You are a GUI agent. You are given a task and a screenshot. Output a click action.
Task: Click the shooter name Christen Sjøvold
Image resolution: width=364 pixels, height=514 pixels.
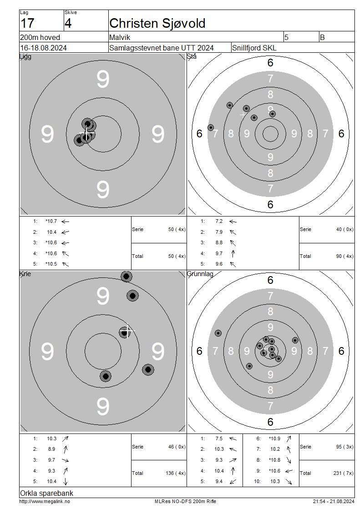point(157,24)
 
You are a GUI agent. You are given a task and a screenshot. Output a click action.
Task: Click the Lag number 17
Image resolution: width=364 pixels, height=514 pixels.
point(27,24)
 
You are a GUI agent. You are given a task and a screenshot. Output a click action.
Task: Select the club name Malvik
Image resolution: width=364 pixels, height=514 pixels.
point(120,37)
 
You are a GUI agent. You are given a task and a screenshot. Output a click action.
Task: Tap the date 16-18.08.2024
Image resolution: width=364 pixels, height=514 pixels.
point(43,48)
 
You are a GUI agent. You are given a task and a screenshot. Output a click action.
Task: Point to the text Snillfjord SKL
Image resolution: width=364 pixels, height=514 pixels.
point(254,48)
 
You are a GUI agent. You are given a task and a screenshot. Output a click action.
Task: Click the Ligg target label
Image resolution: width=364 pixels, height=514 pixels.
point(25,56)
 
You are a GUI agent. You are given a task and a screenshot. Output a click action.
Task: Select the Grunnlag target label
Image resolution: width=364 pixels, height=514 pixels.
point(200,274)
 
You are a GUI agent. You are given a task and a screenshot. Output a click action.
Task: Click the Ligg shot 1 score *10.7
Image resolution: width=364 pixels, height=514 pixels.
point(51,221)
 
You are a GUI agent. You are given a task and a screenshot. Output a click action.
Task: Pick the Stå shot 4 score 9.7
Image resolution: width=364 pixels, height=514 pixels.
point(219,253)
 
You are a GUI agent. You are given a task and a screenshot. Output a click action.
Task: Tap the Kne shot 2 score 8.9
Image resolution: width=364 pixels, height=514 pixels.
point(51,449)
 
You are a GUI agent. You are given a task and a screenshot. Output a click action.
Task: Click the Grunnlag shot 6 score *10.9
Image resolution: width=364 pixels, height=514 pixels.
point(274,438)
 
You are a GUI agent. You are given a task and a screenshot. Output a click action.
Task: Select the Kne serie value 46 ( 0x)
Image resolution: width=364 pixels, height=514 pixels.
point(177,447)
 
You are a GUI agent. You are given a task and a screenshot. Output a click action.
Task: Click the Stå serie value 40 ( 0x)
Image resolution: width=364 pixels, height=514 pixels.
point(345,229)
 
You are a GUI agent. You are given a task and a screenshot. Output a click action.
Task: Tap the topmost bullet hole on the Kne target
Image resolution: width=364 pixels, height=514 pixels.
point(126,277)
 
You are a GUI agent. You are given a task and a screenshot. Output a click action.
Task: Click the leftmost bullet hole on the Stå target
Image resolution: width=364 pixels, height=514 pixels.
point(211,127)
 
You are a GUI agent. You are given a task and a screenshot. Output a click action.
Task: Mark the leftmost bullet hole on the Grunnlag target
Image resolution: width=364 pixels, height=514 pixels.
point(218,333)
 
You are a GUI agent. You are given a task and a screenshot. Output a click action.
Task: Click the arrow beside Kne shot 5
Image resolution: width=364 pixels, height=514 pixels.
point(65,481)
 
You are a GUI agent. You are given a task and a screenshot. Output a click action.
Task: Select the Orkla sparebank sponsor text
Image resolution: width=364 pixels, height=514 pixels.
point(46,494)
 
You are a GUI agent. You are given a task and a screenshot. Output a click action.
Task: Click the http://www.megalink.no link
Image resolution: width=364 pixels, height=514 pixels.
point(45,502)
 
